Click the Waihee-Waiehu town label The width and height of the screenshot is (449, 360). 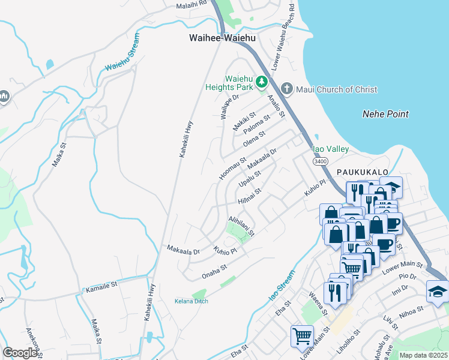222,38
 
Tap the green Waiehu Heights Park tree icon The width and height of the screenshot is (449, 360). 261,82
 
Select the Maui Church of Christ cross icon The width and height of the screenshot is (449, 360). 286,89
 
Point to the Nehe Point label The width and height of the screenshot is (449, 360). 385,114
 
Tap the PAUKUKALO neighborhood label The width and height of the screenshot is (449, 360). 359,172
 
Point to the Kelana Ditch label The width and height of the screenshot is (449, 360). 191,301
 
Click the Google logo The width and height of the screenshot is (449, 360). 20,353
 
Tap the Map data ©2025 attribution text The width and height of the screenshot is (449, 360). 423,355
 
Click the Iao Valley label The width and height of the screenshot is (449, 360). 331,149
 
